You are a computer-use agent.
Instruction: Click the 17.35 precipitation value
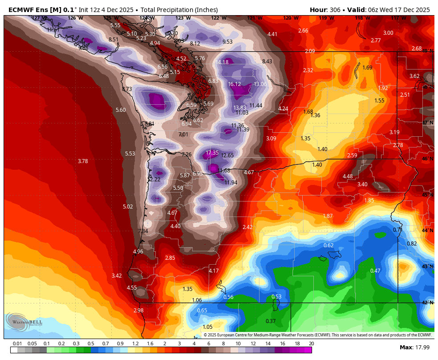[x=212, y=153]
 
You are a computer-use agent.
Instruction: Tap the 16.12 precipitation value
[x=235, y=84]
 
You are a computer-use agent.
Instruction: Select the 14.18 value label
[x=222, y=62]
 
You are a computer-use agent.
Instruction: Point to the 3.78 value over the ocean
[x=83, y=161]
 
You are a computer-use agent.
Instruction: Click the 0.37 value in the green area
[x=271, y=321]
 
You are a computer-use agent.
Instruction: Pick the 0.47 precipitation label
[x=375, y=271]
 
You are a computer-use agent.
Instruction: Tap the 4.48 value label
[x=348, y=176]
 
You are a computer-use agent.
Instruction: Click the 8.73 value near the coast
[x=127, y=89]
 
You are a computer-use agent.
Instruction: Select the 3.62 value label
[x=414, y=76]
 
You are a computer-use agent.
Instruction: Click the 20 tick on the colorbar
[x=311, y=344]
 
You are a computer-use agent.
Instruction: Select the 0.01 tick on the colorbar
[x=18, y=344]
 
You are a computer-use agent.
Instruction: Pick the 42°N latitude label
[x=428, y=303]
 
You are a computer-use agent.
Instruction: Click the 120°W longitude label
[x=290, y=18]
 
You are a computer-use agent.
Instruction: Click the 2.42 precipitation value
[x=247, y=227]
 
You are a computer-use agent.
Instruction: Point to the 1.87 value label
[x=328, y=216]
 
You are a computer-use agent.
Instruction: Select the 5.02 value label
[x=128, y=207]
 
